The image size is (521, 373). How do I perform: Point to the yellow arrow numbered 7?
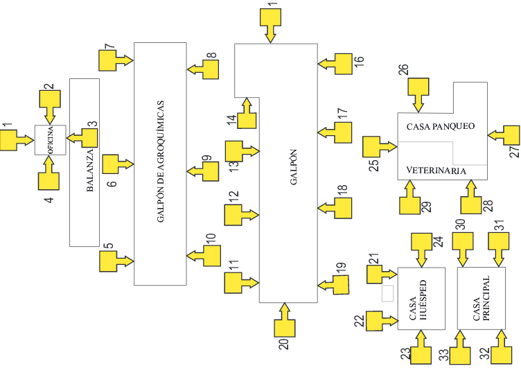point(113,60)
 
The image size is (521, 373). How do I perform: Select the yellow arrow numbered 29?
point(409,198)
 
